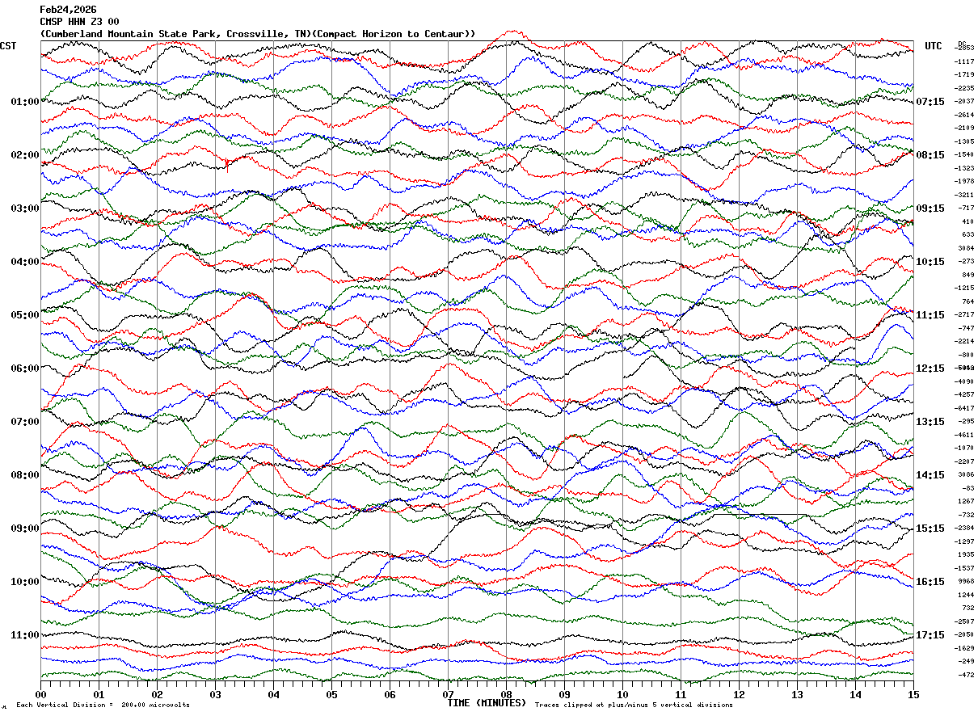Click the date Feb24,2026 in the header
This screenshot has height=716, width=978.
point(68,10)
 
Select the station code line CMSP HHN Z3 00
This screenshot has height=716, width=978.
point(79,22)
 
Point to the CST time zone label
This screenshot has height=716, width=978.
point(9,46)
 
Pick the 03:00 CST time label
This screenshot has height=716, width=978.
point(24,208)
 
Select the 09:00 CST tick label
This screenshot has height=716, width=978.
point(24,529)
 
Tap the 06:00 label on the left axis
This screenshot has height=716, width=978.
point(24,369)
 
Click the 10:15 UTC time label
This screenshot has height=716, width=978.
point(930,262)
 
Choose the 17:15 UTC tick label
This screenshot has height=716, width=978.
point(930,635)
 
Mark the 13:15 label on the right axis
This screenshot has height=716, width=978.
point(930,422)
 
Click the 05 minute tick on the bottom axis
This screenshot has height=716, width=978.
point(331,694)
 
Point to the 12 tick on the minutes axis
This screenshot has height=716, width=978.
point(739,694)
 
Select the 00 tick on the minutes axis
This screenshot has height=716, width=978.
point(41,694)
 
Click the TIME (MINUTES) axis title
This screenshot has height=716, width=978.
point(487,703)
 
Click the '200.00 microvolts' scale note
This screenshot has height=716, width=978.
point(156,705)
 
